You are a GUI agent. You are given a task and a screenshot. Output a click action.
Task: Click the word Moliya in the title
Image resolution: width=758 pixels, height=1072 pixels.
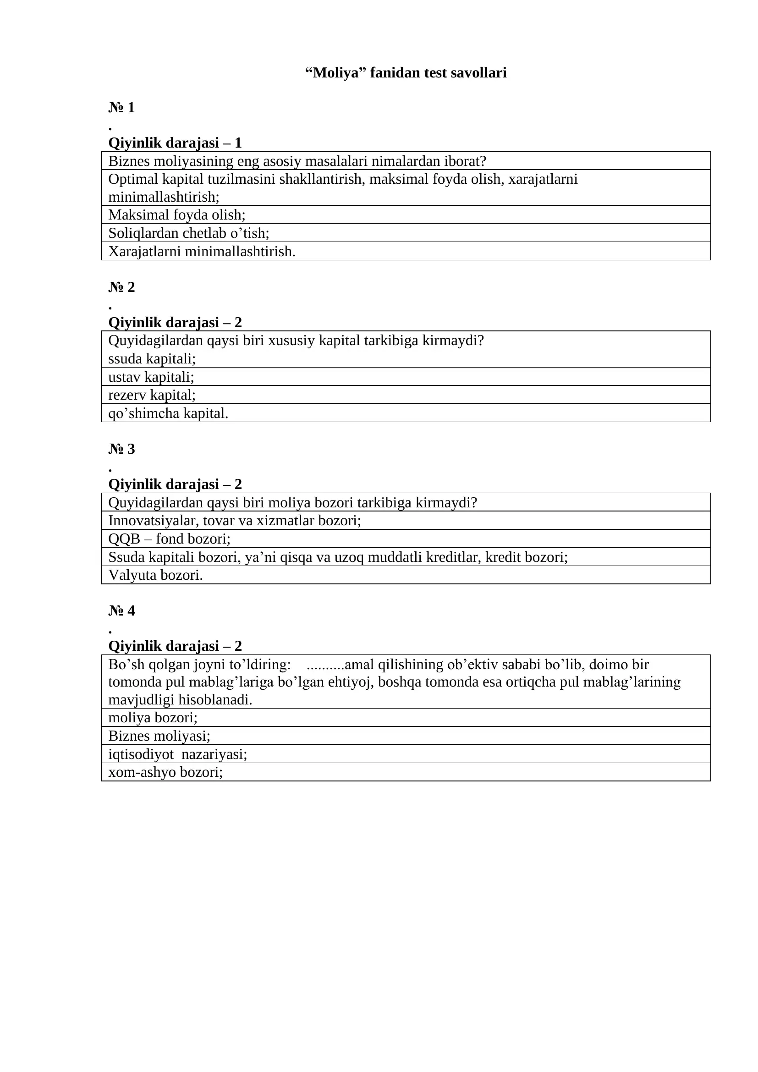tap(335, 73)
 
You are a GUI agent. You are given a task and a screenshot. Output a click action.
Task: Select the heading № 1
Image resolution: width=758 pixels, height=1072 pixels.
tap(121, 107)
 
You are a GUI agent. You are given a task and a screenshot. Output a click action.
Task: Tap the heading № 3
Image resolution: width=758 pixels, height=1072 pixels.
tap(121, 449)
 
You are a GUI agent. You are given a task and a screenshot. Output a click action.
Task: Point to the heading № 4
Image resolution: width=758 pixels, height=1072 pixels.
tap(121, 610)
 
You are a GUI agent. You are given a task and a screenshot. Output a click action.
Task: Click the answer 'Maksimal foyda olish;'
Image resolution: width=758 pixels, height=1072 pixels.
tap(177, 215)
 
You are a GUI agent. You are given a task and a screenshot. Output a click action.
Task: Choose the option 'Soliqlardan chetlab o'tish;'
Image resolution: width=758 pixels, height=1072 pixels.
tap(188, 233)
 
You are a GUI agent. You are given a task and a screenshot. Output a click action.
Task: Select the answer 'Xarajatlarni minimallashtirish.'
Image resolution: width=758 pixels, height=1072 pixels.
tap(202, 252)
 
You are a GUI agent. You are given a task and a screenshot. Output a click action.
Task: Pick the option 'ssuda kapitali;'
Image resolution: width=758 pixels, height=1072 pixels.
tap(152, 358)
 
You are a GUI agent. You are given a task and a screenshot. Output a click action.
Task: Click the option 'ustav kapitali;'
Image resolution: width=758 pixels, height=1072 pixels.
tap(151, 377)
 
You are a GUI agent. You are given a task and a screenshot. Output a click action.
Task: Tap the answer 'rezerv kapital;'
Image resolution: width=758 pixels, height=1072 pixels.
tap(152, 395)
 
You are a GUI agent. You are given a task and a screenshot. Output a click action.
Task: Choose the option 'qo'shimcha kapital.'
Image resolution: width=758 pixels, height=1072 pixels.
tap(168, 413)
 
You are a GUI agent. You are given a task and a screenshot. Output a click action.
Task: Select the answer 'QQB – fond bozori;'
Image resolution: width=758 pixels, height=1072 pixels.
tap(170, 539)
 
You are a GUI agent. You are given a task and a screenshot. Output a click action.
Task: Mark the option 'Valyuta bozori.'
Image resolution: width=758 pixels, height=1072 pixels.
tap(155, 575)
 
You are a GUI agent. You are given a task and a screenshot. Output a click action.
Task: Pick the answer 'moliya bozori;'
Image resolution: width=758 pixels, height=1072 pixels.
tap(153, 718)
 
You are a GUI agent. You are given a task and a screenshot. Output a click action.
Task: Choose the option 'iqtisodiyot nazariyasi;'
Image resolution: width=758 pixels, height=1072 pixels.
tap(177, 754)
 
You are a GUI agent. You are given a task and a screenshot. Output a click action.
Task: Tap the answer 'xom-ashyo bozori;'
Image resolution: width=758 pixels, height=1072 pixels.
tap(165, 772)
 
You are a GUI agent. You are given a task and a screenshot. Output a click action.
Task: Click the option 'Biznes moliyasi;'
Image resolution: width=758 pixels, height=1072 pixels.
tap(159, 736)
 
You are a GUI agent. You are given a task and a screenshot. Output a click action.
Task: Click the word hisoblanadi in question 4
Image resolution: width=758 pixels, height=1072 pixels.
tap(215, 700)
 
